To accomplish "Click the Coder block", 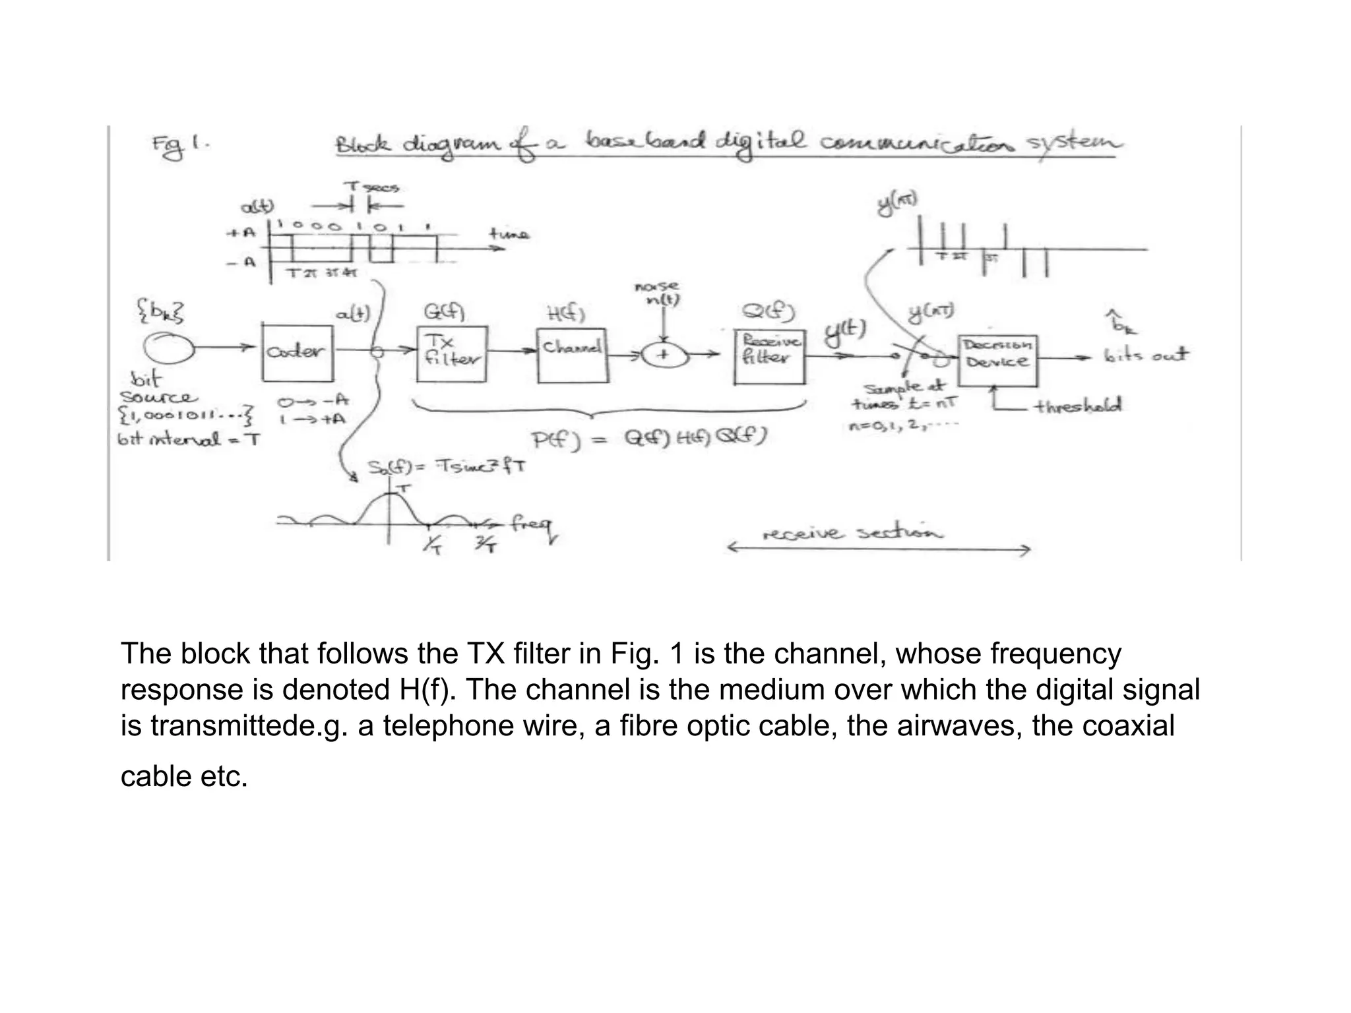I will coord(297,353).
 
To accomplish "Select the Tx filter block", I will coord(452,353).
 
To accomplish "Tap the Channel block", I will coord(572,355).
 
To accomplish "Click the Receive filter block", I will coord(769,356).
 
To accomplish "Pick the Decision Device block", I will coord(997,360).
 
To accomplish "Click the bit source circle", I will coord(169,348).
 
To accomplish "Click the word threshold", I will coord(1078,406).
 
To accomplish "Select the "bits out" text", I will coord(1146,355).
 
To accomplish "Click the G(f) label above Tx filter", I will coord(444,311).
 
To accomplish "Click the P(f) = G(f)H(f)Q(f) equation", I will coord(648,438).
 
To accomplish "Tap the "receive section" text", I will coord(852,533).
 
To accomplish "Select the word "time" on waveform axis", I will coord(508,233).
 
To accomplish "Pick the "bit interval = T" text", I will coord(189,439).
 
